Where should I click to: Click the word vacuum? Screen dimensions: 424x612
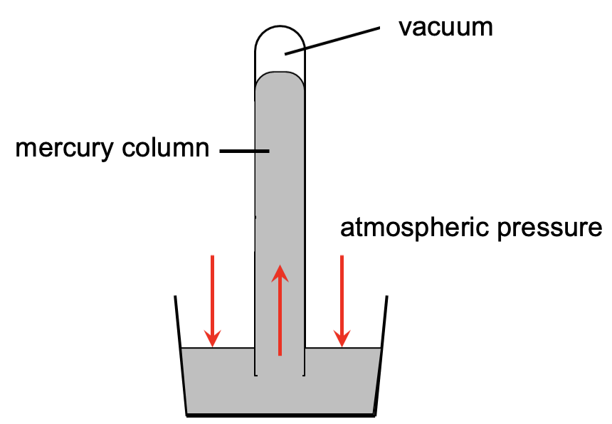coord(445,28)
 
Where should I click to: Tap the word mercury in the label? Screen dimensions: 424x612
coord(63,149)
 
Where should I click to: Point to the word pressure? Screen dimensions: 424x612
coord(559,229)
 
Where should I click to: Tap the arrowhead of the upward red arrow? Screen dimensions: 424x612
coord(280,272)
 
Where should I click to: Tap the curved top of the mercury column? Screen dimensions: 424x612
coord(280,73)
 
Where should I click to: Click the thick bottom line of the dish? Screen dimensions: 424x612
coord(281,414)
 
